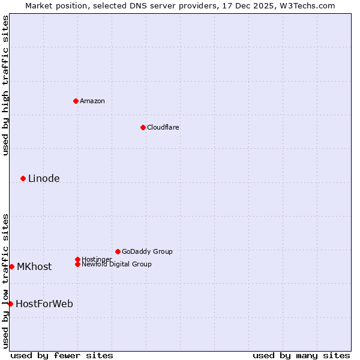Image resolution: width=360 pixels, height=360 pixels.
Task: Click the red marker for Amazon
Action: tap(76, 101)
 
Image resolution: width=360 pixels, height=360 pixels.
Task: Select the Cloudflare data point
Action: tap(143, 127)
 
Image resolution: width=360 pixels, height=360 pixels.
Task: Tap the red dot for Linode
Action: tap(23, 178)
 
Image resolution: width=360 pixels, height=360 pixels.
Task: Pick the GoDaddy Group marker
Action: tap(118, 251)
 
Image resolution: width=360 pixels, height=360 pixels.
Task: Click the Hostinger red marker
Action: tap(77, 259)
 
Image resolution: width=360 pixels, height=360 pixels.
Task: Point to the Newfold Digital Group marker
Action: tap(77, 264)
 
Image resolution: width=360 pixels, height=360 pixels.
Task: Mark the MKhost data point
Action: tap(11, 266)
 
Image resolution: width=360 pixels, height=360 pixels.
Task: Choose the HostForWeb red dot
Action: tap(10, 304)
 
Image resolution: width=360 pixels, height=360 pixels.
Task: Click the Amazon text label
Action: tap(92, 101)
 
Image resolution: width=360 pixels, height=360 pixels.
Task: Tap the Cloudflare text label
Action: tap(163, 127)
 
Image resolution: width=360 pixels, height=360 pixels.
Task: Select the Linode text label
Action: tap(44, 178)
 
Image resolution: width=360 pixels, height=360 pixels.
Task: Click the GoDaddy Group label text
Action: tap(147, 251)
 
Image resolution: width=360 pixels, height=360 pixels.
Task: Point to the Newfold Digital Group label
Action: tap(116, 264)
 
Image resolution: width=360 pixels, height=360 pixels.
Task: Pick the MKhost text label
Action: tap(34, 266)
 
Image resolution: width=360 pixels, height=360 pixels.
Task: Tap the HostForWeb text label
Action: tap(44, 304)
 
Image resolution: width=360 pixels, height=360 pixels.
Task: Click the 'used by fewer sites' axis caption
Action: tap(62, 355)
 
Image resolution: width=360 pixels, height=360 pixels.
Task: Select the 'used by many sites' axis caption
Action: tap(301, 355)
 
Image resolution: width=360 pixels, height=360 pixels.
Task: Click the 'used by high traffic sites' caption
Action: tap(5, 85)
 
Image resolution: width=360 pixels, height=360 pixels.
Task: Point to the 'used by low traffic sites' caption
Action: tap(5, 281)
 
